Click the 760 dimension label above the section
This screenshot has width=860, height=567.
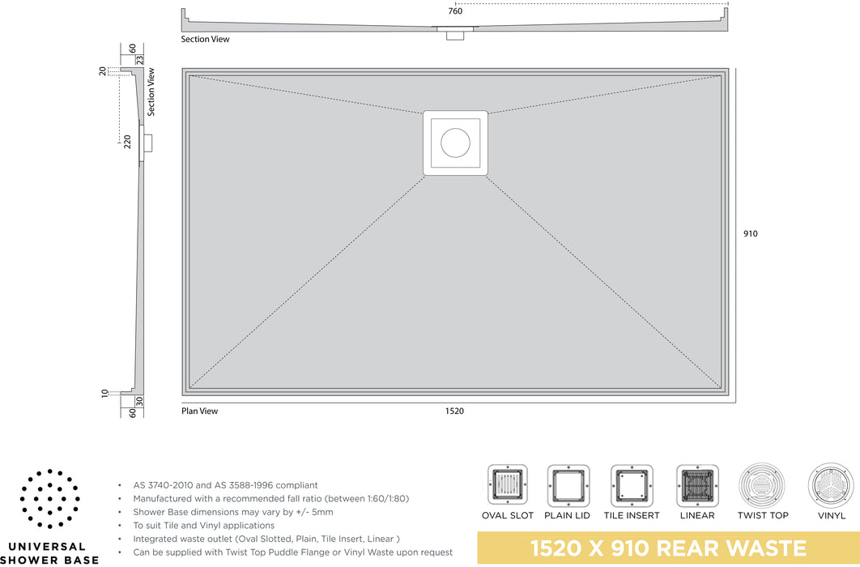455,11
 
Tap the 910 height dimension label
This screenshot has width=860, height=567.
751,233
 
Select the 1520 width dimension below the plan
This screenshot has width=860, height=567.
454,411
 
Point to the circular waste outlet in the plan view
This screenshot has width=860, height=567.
455,143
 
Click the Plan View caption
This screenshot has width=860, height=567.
200,411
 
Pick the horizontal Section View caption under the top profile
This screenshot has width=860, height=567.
205,40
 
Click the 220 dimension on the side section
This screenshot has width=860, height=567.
127,142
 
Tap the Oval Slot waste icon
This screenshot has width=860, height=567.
507,485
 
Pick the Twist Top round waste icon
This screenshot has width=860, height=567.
762,485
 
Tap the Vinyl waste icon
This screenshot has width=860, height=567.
831,485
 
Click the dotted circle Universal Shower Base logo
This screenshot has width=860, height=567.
50,498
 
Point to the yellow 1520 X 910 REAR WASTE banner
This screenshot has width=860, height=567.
669,548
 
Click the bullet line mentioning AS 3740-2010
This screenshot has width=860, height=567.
225,485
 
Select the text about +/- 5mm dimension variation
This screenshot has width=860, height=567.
233,512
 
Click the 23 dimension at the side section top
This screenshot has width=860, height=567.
139,60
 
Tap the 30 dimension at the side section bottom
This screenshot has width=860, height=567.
139,402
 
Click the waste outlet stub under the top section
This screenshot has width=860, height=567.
454,35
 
